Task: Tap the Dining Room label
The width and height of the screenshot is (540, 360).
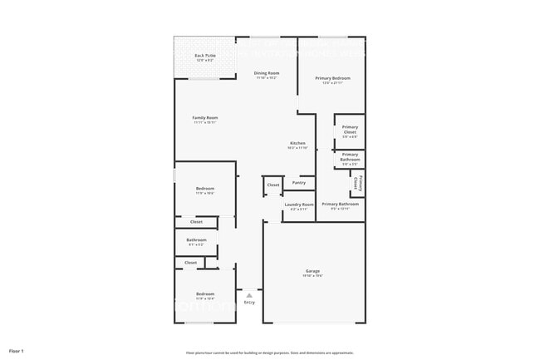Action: tap(267, 73)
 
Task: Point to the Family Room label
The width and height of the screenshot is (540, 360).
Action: tap(204, 118)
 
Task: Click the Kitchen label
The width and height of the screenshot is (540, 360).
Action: tap(297, 143)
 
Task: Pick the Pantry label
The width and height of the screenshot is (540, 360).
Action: tap(299, 182)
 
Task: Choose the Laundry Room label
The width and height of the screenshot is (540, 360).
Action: tap(299, 205)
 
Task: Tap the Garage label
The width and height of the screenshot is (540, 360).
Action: tap(313, 271)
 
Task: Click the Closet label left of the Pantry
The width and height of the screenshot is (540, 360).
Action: tap(273, 185)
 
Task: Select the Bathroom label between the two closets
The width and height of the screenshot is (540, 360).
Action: tap(196, 240)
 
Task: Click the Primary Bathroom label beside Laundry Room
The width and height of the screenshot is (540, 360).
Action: tap(341, 205)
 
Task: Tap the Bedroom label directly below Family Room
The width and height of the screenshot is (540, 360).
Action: tap(205, 189)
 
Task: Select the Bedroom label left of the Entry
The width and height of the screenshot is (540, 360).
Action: tap(205, 294)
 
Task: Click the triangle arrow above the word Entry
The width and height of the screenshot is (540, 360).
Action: tap(248, 295)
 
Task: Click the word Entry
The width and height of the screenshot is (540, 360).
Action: tap(249, 302)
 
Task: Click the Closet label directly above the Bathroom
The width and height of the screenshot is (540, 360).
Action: tap(196, 222)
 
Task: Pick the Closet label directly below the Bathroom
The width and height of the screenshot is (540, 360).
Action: tap(191, 263)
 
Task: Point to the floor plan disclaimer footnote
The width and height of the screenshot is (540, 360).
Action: tap(270, 353)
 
